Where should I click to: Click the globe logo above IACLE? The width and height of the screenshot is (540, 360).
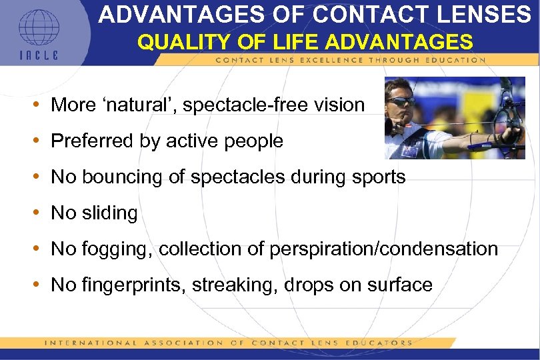(38, 27)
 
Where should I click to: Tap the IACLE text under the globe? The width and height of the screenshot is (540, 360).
(38, 55)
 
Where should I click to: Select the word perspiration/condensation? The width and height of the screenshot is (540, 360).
(384, 249)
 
